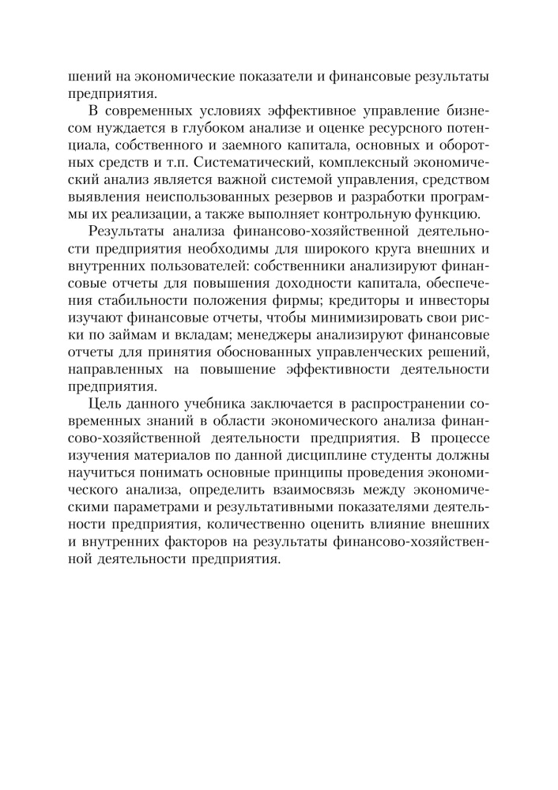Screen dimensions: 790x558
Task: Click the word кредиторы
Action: (357, 301)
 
